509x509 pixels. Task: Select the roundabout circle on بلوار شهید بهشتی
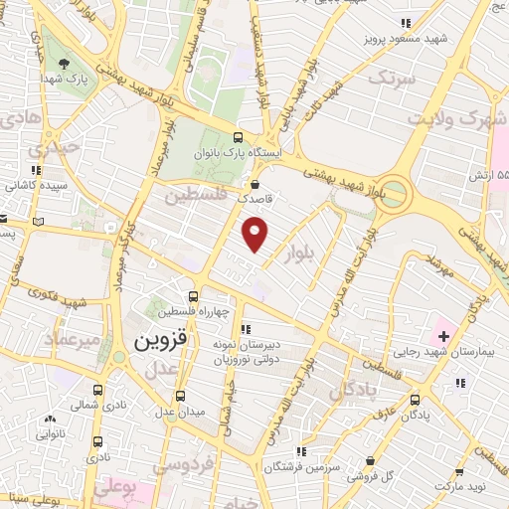point(396,191)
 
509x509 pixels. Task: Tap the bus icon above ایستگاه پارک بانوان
point(237,138)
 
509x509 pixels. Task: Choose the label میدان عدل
point(178,411)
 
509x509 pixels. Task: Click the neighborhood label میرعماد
point(72,340)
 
